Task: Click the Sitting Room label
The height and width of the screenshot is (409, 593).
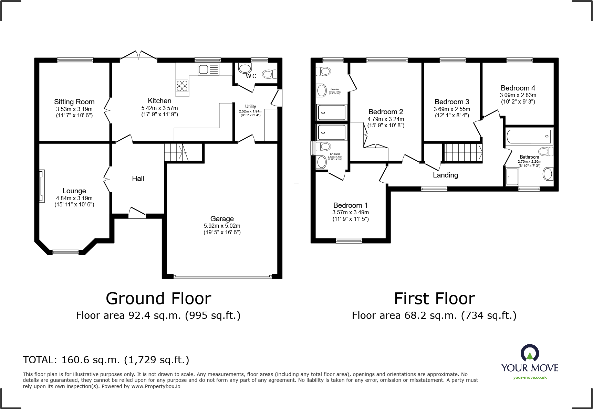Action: pos(74,102)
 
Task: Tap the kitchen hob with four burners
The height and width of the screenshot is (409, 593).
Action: pos(182,85)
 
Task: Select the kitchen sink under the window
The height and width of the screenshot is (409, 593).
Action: pos(208,69)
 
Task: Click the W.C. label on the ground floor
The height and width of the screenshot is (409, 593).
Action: pos(251,76)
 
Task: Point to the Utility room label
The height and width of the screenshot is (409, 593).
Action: pos(250,106)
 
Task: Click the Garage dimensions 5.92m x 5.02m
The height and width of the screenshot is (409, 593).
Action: pos(222,226)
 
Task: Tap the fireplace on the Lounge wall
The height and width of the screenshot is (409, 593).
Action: pos(42,186)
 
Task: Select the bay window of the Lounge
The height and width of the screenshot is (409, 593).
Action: pos(65,252)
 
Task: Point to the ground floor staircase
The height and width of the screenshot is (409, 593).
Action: pos(176,152)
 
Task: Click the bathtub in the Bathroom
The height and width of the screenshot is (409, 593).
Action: pos(529,137)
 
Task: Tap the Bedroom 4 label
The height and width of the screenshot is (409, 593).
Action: pos(518,88)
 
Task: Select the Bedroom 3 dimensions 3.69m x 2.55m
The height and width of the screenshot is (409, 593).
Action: pos(451,109)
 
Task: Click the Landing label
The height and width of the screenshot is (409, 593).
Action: pos(445,175)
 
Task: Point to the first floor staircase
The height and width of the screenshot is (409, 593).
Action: pos(462,152)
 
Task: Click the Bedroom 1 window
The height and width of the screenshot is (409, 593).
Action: pos(348,240)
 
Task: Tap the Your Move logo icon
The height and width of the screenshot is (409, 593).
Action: pos(529,353)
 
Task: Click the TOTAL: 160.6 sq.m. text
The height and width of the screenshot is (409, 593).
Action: pos(106,360)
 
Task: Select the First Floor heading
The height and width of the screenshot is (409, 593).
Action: pos(434,299)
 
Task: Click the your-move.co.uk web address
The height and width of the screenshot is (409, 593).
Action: pos(530,377)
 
